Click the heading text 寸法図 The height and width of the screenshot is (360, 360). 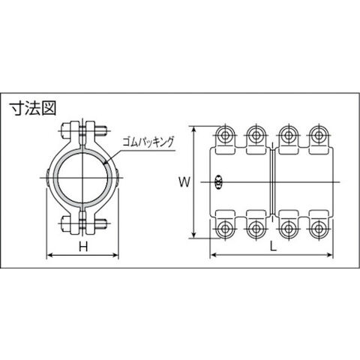pos(32,108)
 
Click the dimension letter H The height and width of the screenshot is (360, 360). pos(83,247)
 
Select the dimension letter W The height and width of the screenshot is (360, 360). pos(184,181)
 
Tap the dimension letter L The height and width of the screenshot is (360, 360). pos(274,247)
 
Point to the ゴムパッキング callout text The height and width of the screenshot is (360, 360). pos(148,142)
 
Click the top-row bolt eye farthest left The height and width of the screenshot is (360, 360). pos(225,135)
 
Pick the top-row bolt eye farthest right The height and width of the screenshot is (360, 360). pos(318,135)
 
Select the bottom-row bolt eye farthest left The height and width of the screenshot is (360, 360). pos(225,229)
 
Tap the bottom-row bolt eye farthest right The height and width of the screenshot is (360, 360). pos(318,229)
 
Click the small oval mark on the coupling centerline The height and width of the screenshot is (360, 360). pos(219,182)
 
